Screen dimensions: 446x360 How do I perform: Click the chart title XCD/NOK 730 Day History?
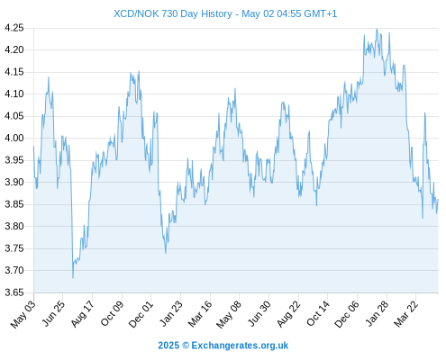173,13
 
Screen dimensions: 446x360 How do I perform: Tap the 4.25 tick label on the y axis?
14,28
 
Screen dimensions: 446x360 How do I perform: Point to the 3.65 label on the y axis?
14,292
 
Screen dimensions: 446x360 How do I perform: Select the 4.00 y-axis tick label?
14,138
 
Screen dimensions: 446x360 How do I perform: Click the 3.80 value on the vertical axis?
14,226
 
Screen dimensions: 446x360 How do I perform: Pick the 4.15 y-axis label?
14,72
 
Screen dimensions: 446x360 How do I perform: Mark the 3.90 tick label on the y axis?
14,182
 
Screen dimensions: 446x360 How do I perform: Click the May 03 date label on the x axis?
23,314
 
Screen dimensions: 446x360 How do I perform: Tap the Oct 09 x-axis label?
113,313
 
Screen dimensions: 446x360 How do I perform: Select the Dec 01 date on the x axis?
141,314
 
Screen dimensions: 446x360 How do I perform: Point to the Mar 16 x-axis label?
200,314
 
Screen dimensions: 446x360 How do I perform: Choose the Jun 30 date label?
259,313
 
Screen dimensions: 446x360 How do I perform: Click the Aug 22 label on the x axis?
289,314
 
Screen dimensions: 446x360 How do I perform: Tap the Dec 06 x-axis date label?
347,314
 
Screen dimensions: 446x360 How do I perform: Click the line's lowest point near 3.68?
73,278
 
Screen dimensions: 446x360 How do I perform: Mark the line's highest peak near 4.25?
377,30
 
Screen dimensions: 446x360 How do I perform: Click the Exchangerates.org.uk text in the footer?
240,346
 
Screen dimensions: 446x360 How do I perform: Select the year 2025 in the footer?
168,346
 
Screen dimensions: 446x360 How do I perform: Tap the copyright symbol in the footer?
186,346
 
